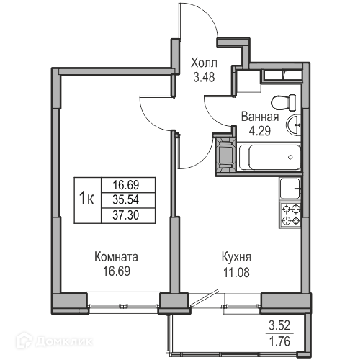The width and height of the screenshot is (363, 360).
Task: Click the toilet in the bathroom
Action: (283, 102)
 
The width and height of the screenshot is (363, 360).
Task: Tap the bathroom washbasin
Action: (293, 125)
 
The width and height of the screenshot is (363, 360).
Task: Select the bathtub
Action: (270, 157)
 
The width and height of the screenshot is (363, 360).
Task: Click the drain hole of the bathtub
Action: (290, 158)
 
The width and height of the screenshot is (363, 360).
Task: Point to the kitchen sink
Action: (290, 189)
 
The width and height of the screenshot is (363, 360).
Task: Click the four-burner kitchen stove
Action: (290, 215)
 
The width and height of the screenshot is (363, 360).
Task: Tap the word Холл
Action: (204, 63)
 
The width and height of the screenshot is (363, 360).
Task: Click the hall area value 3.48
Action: (204, 77)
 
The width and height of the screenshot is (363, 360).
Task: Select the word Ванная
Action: (260, 117)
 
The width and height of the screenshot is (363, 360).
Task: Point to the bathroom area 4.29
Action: (260, 131)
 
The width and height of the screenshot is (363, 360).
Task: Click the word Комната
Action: (117, 257)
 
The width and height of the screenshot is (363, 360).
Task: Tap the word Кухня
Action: (236, 257)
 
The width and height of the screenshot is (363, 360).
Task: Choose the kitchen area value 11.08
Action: (236, 272)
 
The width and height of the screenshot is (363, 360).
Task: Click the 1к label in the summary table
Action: (86, 199)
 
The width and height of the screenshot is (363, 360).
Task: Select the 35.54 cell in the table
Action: (125, 200)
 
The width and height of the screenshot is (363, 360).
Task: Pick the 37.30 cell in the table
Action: (125, 215)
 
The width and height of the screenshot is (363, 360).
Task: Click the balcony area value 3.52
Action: (279, 325)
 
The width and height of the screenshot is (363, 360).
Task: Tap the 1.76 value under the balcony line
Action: (279, 341)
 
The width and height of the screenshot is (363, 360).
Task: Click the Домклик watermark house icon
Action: (24, 340)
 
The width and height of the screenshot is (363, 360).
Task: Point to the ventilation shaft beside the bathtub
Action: (225, 155)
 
